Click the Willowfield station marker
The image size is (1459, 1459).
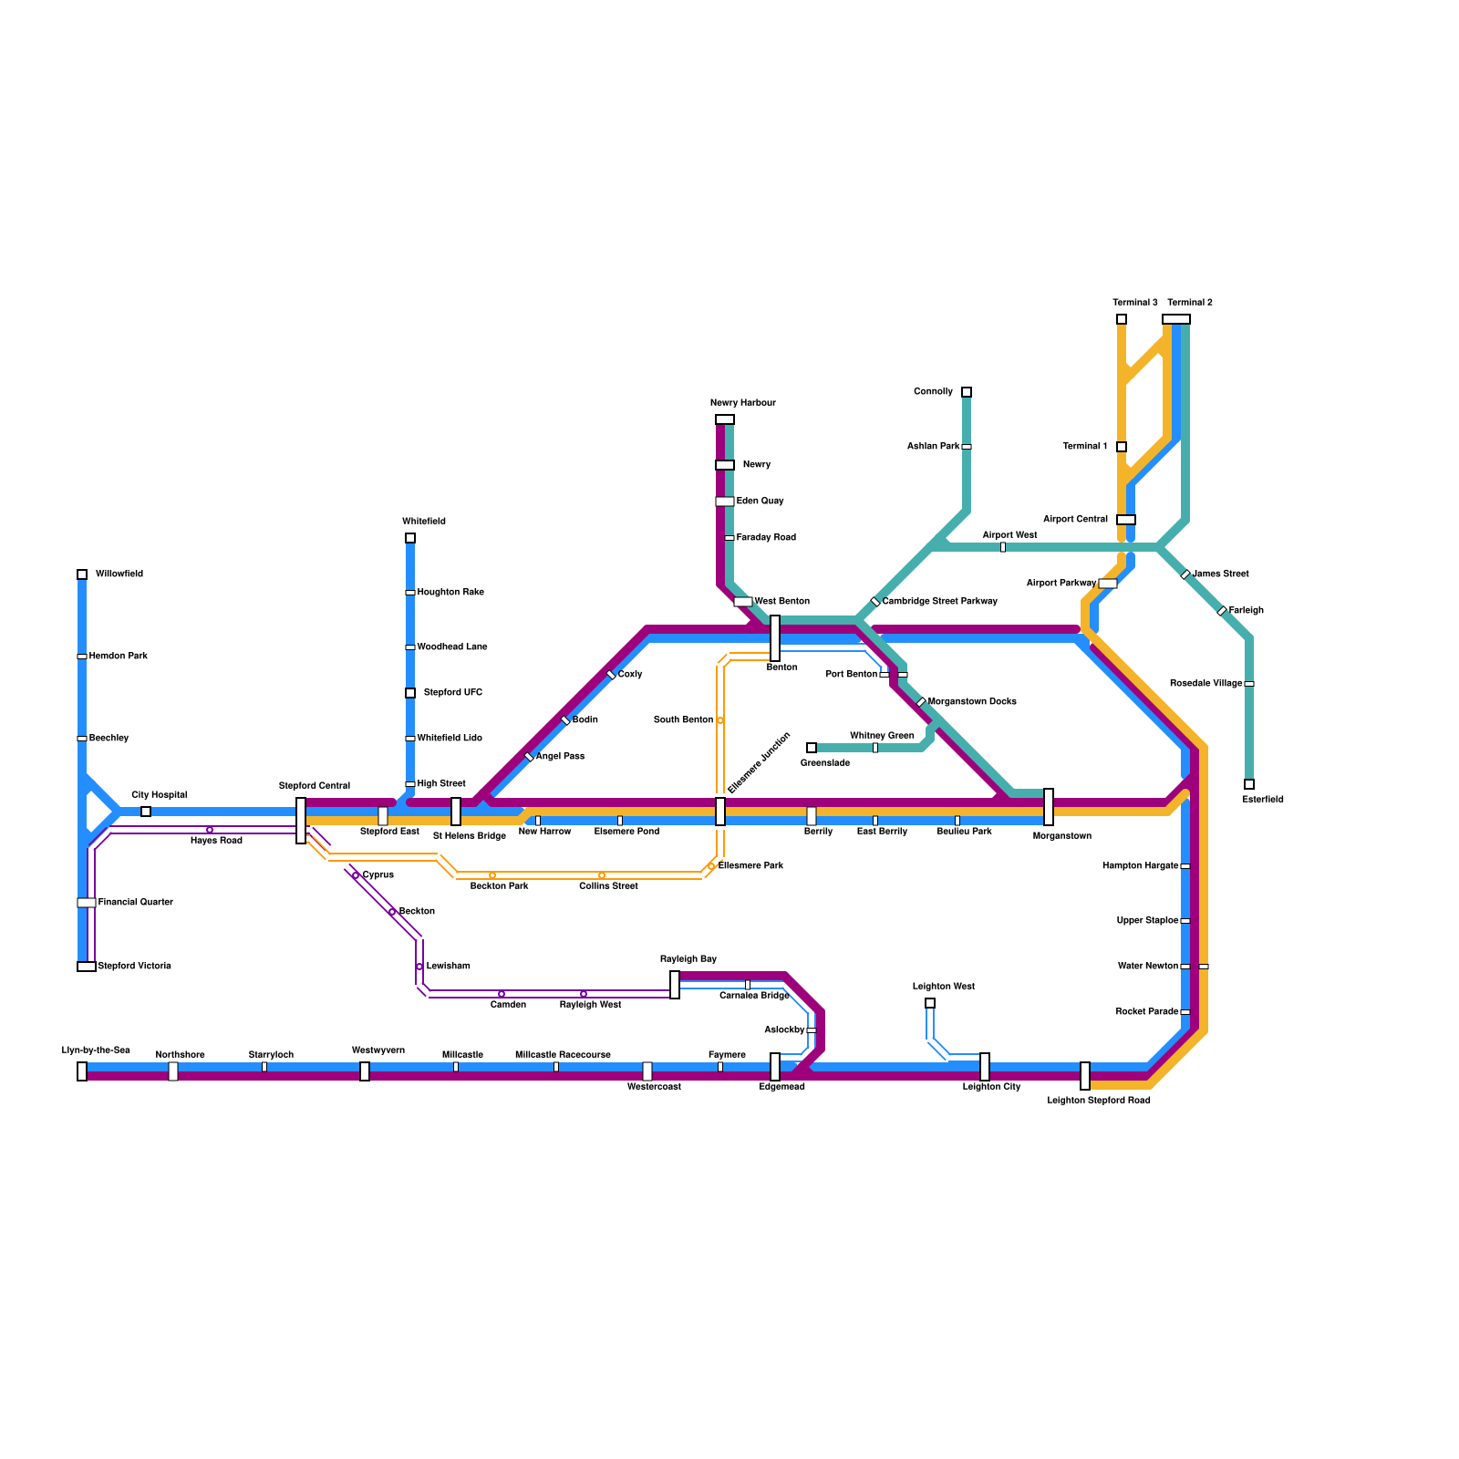[82, 574]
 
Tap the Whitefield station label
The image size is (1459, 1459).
[424, 522]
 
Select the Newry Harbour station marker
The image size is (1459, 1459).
[725, 419]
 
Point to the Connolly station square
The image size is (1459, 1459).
[967, 392]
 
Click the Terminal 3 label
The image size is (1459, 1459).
[1134, 303]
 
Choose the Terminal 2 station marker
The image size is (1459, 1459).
[1176, 319]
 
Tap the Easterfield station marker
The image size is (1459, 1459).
[1249, 784]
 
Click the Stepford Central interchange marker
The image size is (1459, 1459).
[301, 821]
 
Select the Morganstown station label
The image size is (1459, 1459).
[1061, 836]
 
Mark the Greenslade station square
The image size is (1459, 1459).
[812, 748]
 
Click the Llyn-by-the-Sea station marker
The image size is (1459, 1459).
[82, 1071]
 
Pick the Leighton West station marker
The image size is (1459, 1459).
[930, 1003]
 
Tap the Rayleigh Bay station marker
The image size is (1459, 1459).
[675, 985]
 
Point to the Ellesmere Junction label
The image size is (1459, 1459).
[759, 762]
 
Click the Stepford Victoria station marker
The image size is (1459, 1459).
[87, 967]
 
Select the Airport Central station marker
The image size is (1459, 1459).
[1126, 520]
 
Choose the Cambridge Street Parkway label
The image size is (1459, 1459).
[939, 602]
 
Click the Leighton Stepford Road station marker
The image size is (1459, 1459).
[1085, 1076]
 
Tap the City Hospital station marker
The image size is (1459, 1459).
[146, 812]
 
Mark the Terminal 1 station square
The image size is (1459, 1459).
[1122, 447]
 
